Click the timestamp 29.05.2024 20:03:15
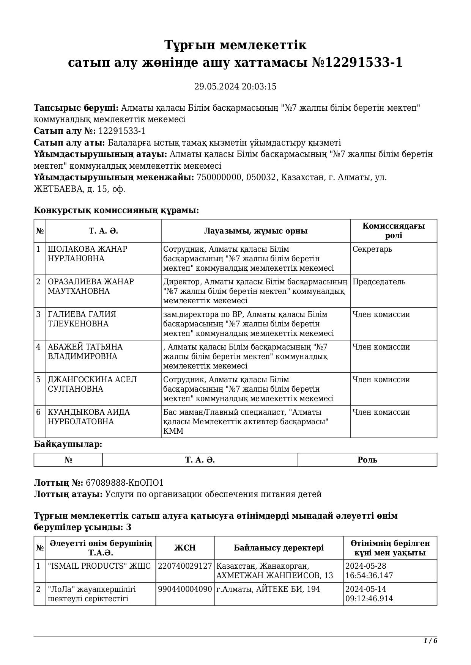[235, 86]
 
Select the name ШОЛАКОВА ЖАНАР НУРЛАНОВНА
[87, 254]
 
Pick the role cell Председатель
[379, 282]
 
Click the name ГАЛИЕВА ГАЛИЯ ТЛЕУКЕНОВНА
[82, 319]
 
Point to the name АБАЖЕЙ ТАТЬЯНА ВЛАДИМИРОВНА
[85, 352]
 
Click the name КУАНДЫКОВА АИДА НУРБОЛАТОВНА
[89, 417]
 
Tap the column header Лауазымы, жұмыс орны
[256, 231]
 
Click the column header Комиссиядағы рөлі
[394, 231]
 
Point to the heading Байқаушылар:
[68, 444]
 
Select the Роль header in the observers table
[367, 460]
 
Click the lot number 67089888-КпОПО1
[125, 483]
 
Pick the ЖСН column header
[185, 548]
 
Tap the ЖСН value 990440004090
[185, 589]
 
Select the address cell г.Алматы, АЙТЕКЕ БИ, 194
[268, 589]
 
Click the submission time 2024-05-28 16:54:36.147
[369, 571]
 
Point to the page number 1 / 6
[430, 641]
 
